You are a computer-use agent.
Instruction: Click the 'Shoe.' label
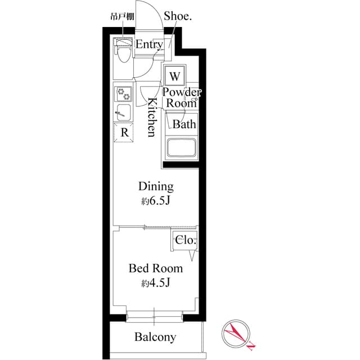coord(178,17)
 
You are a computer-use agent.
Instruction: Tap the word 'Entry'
coord(149,44)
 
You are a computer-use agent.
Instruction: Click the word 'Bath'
coord(184,124)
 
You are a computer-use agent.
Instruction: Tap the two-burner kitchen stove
coord(123,93)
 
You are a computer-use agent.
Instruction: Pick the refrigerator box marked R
coord(124,133)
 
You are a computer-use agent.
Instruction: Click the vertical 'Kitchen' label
coord(151,118)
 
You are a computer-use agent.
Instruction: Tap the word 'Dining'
coord(156,187)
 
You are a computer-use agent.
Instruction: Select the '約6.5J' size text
coord(155,201)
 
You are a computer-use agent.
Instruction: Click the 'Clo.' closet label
coord(185,240)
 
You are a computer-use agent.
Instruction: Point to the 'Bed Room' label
coord(156,268)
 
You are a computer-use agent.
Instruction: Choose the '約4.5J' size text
coord(155,283)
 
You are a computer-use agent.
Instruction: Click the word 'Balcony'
coord(155,337)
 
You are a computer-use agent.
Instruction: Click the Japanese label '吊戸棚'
coord(120,17)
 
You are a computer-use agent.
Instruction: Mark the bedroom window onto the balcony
coord(155,314)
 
